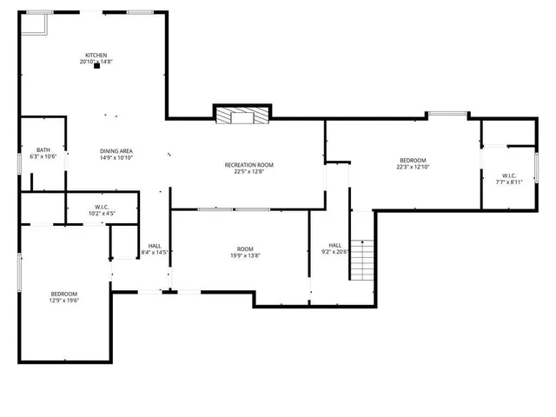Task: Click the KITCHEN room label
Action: [x=96, y=54]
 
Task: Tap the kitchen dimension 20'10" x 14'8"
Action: [x=96, y=61]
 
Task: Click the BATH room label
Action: [x=43, y=150]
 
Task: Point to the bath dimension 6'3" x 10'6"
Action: [x=43, y=157]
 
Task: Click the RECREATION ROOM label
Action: [x=248, y=165]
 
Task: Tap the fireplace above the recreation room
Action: [x=242, y=115]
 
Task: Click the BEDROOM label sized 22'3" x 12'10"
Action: [x=413, y=160]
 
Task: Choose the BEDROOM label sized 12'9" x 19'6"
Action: [x=63, y=294]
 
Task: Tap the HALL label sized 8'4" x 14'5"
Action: [x=154, y=246]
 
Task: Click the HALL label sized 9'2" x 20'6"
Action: [x=334, y=245]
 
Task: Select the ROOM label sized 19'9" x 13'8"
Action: [x=245, y=248]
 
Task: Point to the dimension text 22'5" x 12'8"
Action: [x=248, y=172]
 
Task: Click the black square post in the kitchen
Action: [x=96, y=69]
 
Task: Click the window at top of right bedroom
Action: [x=447, y=113]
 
